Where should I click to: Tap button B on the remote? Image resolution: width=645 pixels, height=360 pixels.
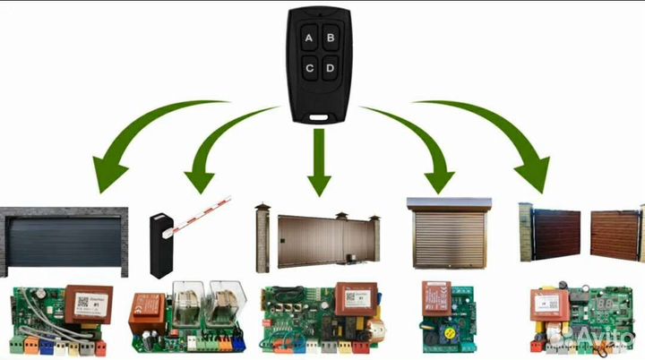tap(331, 38)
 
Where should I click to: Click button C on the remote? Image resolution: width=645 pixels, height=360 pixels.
tap(309, 67)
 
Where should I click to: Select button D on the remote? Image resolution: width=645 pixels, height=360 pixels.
tap(331, 67)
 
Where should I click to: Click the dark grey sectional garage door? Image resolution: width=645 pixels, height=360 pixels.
tap(64, 242)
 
